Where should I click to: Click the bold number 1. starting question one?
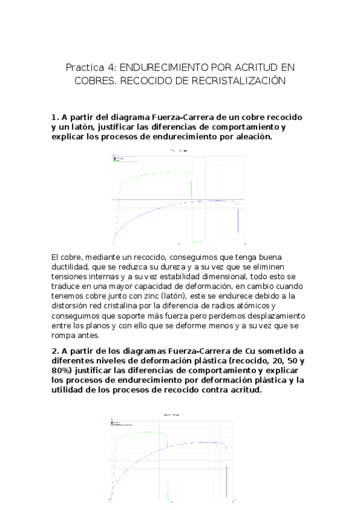[54, 117]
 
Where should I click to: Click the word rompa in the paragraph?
[66, 335]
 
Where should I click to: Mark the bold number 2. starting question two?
[54, 352]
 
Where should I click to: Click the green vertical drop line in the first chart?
[192, 188]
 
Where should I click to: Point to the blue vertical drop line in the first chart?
[238, 221]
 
